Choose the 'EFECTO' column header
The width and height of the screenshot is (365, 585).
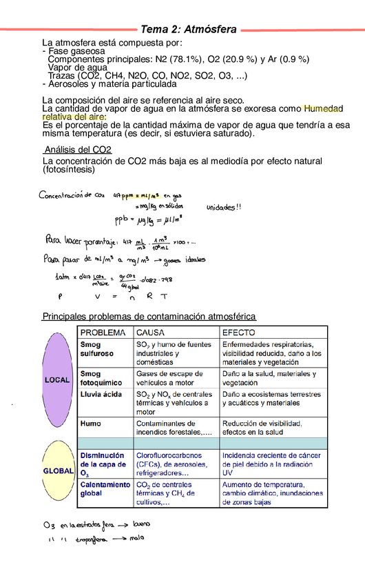coord(240,332)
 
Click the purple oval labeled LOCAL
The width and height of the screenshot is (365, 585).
coord(57,379)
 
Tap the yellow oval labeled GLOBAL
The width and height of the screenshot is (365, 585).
coord(59,470)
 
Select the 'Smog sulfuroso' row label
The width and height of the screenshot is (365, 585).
coord(96,350)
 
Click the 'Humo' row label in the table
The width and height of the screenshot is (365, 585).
coord(90,423)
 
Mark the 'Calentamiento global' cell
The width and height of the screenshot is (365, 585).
coord(105,489)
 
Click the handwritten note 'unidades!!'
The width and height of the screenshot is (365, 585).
coord(224,207)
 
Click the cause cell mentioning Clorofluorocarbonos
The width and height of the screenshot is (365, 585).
coord(175,464)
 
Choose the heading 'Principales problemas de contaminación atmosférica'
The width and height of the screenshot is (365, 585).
coord(149,316)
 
